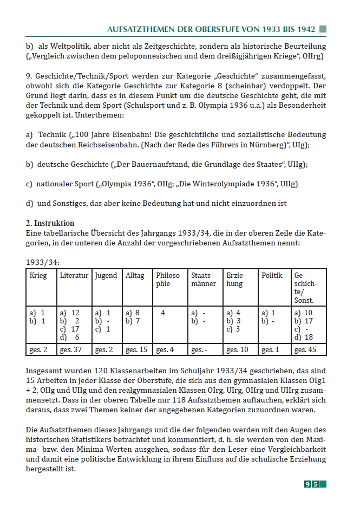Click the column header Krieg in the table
pos(38,276)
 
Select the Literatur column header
pos(74,276)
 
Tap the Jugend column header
pos(106,276)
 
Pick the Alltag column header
pos(135,276)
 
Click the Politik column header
pos(272,276)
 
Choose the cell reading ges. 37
pos(71,350)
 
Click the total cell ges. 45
pos(305,350)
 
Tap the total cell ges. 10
pos(237,350)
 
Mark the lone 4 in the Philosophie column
pos(163,313)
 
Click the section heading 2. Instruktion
pos(50,223)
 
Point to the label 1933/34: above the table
pos(43,262)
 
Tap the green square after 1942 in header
pos(323,28)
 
